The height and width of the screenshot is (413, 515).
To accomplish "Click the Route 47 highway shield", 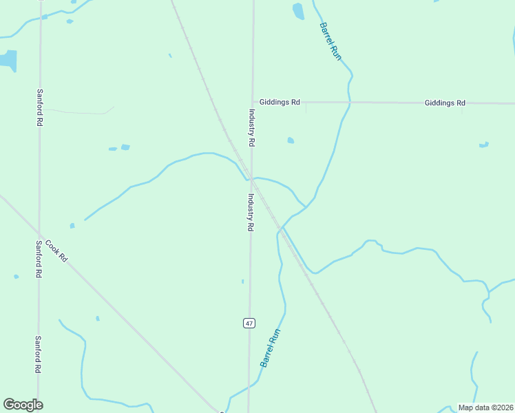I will (x=249, y=323).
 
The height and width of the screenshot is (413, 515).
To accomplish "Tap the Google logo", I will (x=23, y=405).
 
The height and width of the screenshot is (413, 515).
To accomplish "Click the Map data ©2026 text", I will (x=486, y=407).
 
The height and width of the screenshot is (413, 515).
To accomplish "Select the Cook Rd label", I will (x=56, y=250).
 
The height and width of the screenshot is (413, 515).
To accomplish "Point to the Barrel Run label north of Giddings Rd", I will (x=330, y=42).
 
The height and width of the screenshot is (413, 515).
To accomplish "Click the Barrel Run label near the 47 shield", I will (x=271, y=348).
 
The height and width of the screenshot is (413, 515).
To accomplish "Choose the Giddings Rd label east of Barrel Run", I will (x=445, y=103).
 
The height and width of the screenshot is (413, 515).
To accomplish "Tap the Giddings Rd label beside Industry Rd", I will (x=280, y=103).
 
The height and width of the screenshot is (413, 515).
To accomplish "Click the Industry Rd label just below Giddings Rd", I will (x=252, y=128).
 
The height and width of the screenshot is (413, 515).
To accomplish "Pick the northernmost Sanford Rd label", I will (x=40, y=107).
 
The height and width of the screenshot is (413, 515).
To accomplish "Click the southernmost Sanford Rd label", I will (x=39, y=354).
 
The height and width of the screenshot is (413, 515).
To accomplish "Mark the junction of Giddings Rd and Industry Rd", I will (x=253, y=102).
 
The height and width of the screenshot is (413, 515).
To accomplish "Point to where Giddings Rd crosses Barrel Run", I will (x=349, y=103).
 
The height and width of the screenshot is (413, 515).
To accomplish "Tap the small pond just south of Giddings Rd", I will (x=291, y=140).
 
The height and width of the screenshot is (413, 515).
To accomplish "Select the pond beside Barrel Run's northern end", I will (x=298, y=11).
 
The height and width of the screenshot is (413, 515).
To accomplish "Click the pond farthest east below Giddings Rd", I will (x=484, y=145).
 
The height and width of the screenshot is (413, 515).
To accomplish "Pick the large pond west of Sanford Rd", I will (x=8, y=60).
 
